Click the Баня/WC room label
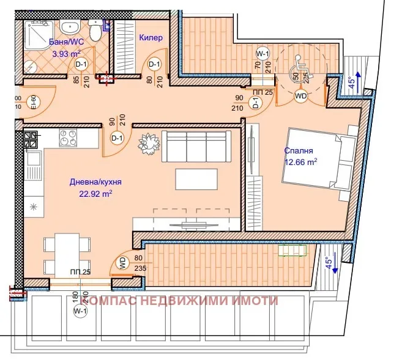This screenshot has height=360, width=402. [67, 42]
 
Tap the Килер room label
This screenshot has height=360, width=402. [151, 38]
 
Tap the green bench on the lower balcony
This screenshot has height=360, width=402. [292, 251]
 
